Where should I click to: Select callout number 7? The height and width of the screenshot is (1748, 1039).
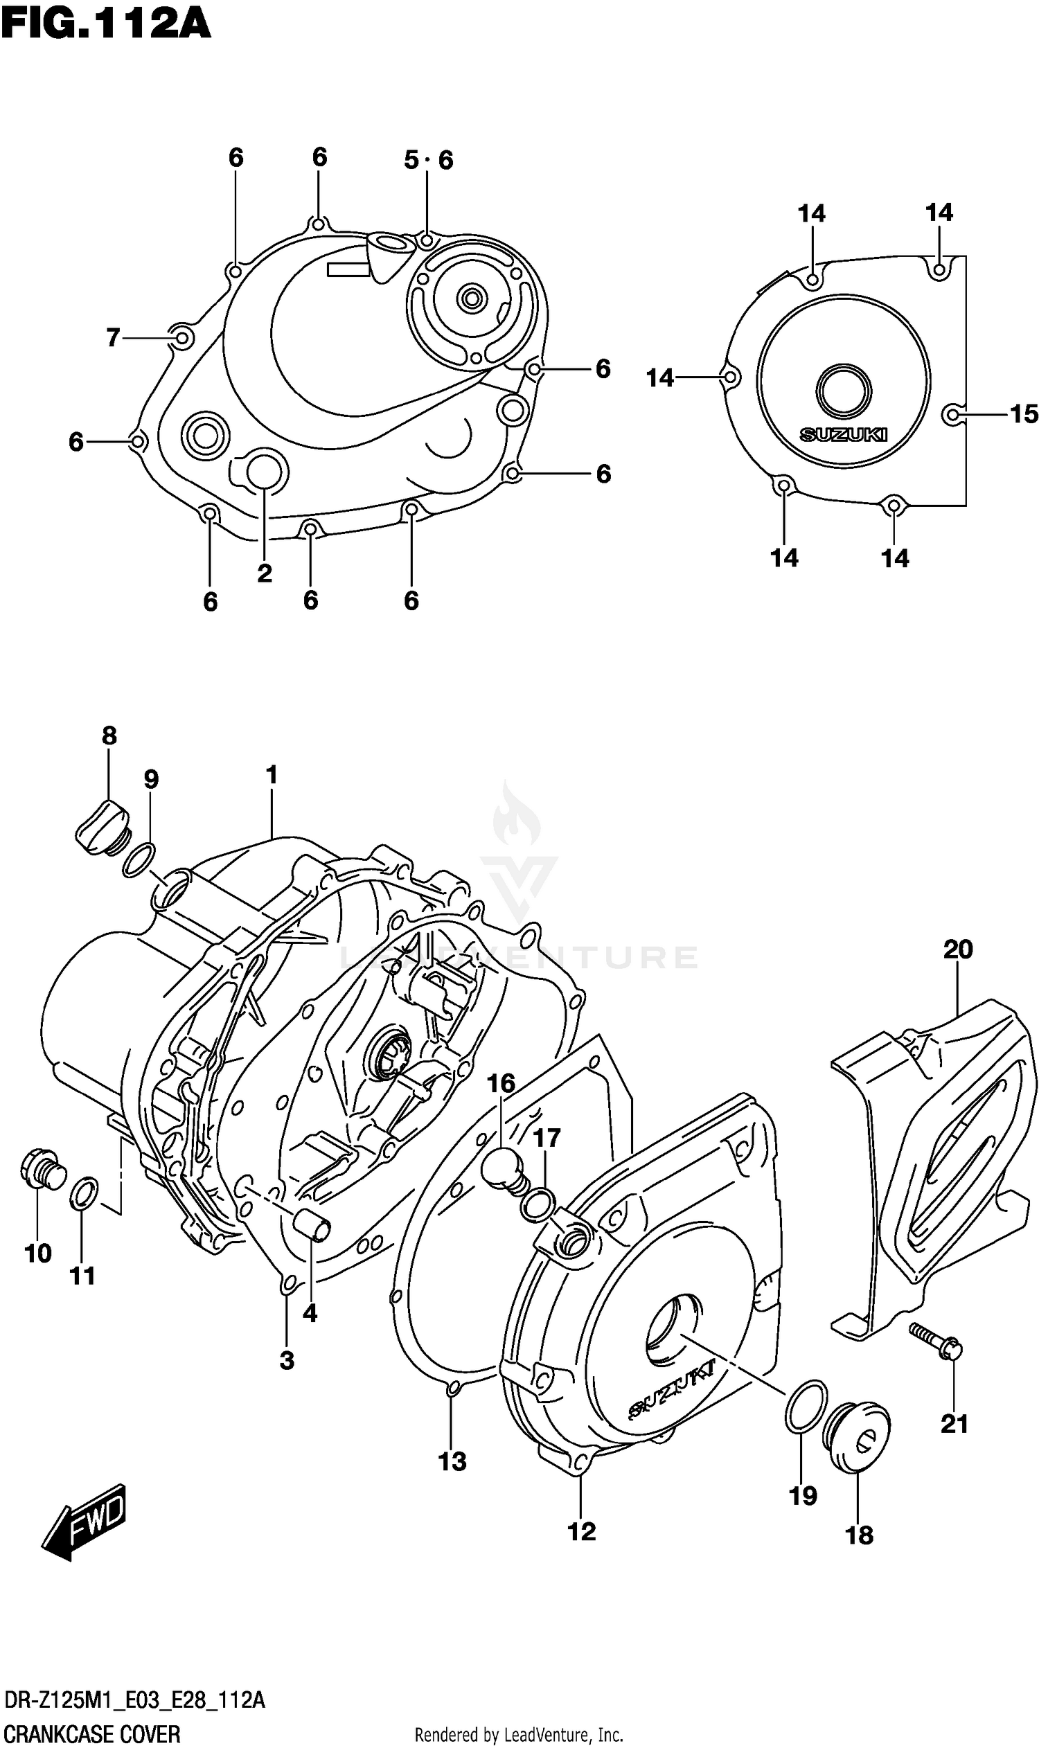[x=114, y=338]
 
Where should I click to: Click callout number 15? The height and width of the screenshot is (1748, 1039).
[x=1023, y=414]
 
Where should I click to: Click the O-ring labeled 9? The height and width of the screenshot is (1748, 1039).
[x=139, y=860]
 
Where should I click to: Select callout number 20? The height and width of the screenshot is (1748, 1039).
[x=958, y=949]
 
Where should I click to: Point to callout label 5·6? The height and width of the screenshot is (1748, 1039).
[x=429, y=160]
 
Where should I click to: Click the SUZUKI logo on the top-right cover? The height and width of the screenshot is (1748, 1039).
[x=844, y=435]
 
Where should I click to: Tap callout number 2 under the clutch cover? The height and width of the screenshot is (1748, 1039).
[x=264, y=574]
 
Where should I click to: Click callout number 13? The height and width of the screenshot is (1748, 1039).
[x=452, y=1462]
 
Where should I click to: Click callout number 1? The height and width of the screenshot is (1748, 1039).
[x=272, y=775]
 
